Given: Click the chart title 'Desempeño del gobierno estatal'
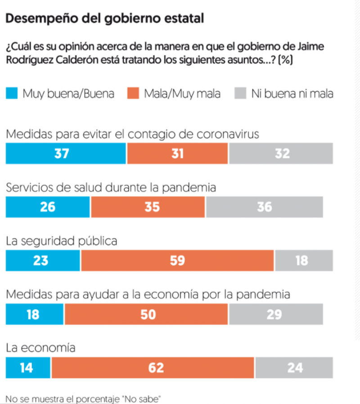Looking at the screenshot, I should pos(104,19).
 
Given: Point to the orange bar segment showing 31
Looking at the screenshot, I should pos(177,153).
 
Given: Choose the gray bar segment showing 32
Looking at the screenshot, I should pos(281,153).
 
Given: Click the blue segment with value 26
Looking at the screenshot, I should pos(48,206).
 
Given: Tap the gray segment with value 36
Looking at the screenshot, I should pos(265,206).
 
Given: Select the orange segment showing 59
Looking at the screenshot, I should pos(177,260).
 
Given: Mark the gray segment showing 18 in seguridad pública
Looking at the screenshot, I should pos(304,260).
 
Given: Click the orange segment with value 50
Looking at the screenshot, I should pos(146,314).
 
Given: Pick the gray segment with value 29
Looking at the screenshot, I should pos(276,314).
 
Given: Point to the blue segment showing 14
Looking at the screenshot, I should pos(27,368).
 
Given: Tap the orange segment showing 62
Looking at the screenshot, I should pos(153,368).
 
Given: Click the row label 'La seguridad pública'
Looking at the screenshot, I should pos(61,241).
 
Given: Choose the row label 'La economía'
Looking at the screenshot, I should pos(40,348).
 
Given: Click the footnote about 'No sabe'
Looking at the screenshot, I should pos(84,399).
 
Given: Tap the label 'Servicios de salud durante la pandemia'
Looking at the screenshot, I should pos(111,188).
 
